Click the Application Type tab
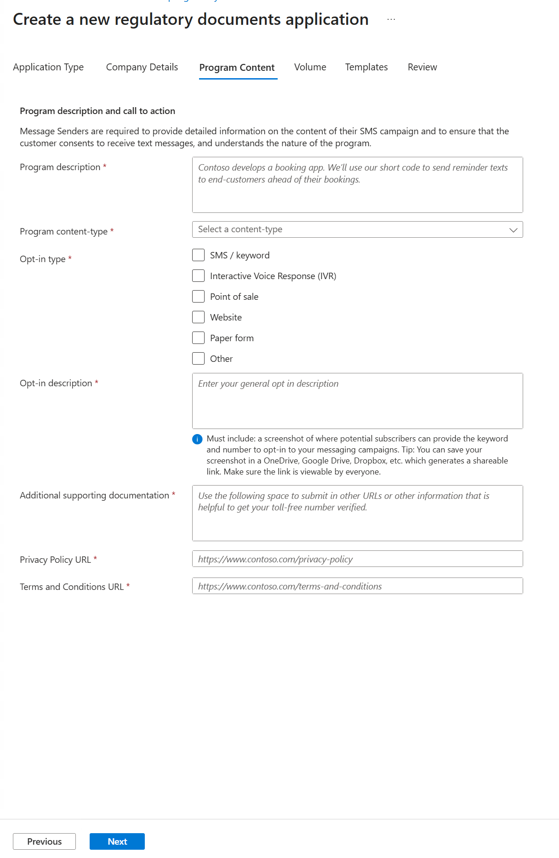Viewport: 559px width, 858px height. pyautogui.click(x=48, y=67)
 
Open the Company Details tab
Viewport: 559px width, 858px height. pyautogui.click(x=142, y=67)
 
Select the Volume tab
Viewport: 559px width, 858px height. pyautogui.click(x=310, y=67)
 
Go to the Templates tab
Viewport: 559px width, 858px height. pyautogui.click(x=366, y=67)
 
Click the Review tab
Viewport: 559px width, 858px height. pyautogui.click(x=422, y=67)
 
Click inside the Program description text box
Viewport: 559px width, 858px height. pyautogui.click(x=357, y=185)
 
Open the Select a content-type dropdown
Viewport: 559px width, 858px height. pyautogui.click(x=357, y=229)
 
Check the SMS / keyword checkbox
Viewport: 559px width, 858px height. pyautogui.click(x=198, y=255)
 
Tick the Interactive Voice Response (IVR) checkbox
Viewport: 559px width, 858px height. pyautogui.click(x=198, y=276)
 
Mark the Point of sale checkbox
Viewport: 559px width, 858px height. pyautogui.click(x=198, y=297)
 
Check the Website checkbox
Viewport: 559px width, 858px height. pyautogui.click(x=198, y=317)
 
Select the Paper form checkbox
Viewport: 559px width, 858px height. pyautogui.click(x=198, y=338)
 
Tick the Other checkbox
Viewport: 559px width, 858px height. pyautogui.click(x=198, y=359)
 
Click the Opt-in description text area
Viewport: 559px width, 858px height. pyautogui.click(x=357, y=401)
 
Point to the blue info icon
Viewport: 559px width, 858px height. pyautogui.click(x=197, y=439)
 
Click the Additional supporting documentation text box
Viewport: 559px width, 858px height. pyautogui.click(x=357, y=513)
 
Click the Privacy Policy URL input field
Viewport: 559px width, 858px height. pyautogui.click(x=357, y=559)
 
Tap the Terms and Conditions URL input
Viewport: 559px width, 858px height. pyautogui.click(x=357, y=586)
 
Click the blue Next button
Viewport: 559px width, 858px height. pyautogui.click(x=117, y=841)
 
